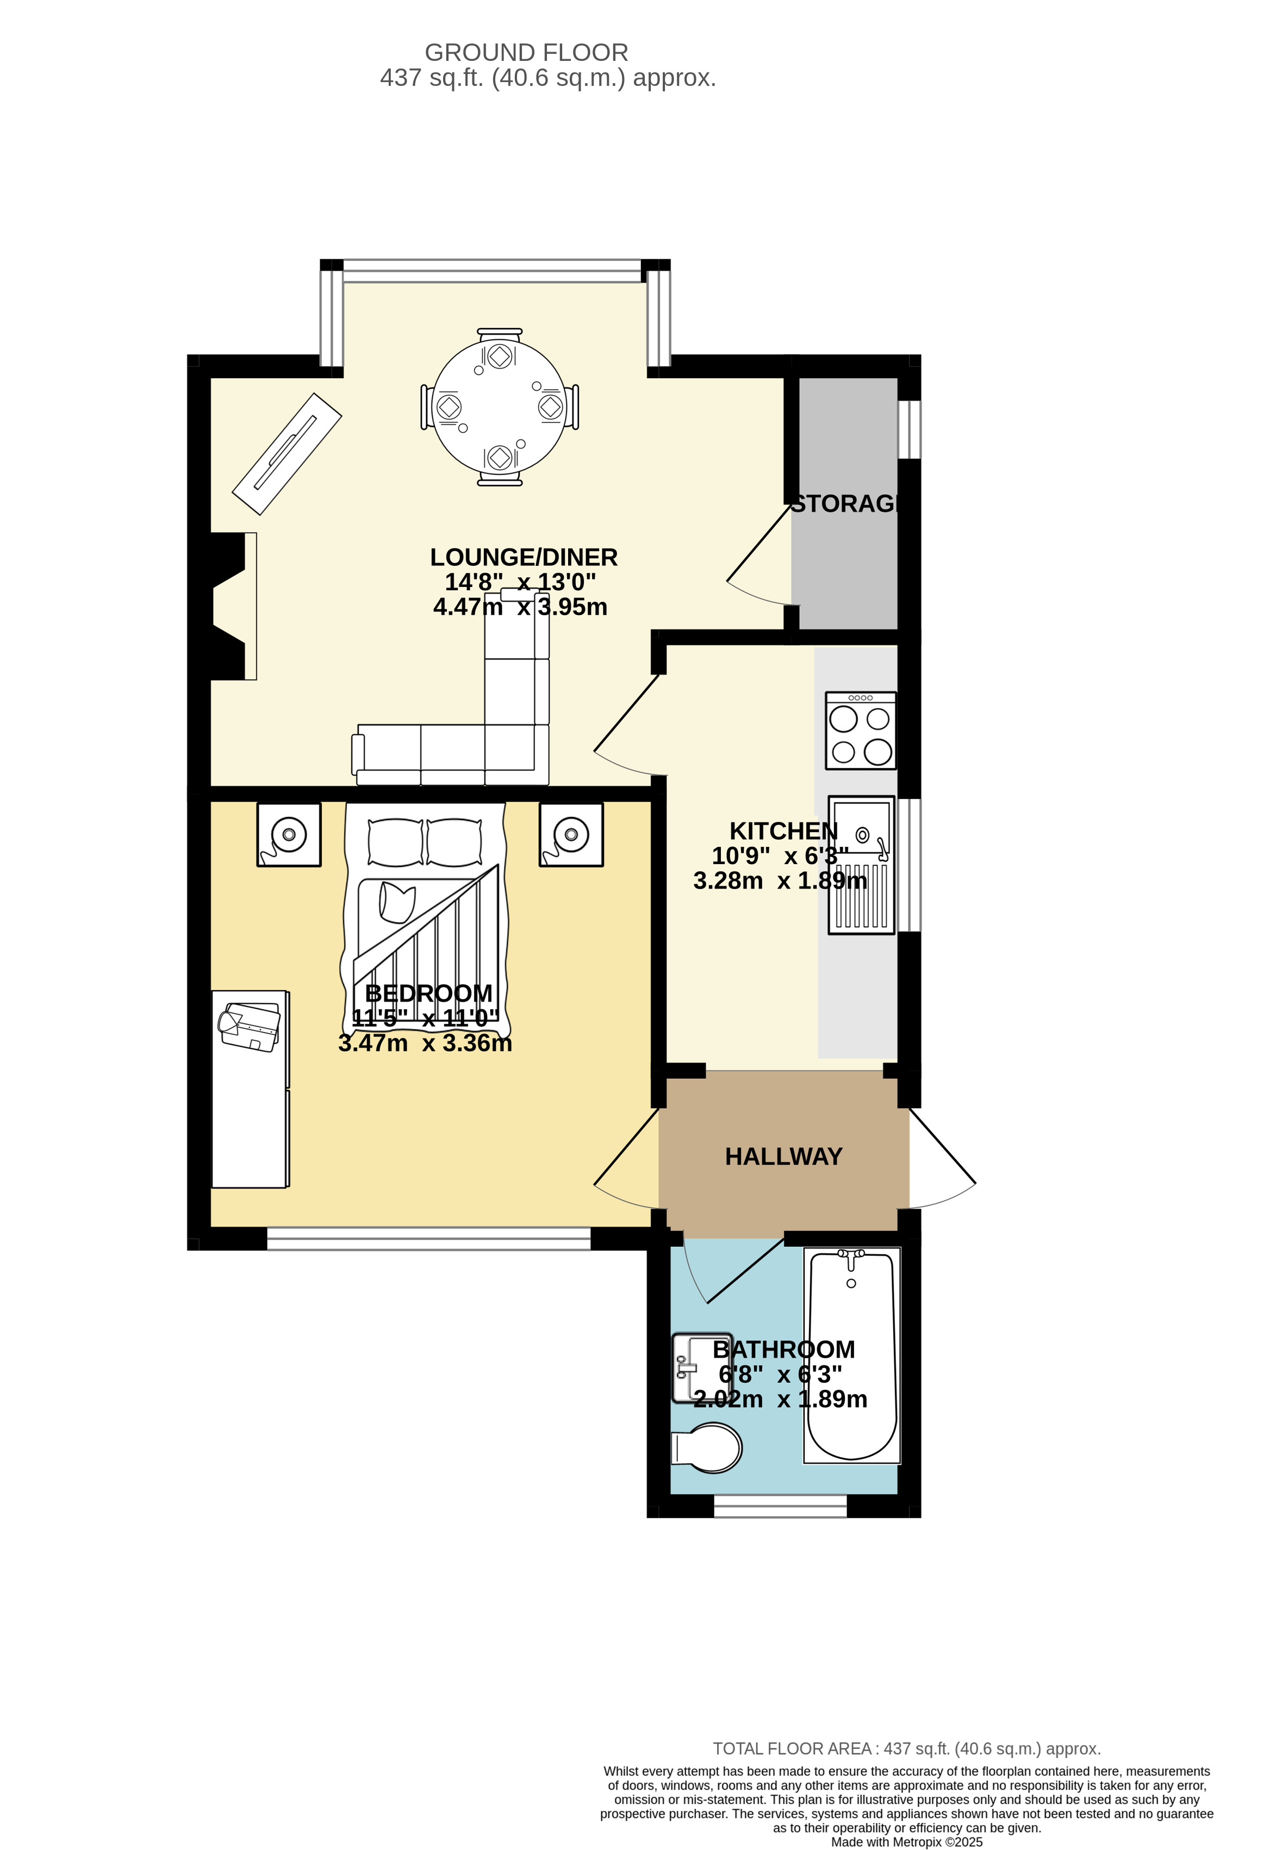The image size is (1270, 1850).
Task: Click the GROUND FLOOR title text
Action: click(x=526, y=53)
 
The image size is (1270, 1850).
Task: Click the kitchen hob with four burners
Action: click(x=861, y=731)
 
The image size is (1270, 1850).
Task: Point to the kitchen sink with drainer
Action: click(x=861, y=865)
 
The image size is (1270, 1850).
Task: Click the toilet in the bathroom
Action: click(x=708, y=1448)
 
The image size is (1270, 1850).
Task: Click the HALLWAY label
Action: click(x=783, y=1157)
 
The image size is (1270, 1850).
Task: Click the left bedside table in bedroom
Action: click(x=288, y=834)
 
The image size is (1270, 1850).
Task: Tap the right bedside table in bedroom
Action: click(x=571, y=834)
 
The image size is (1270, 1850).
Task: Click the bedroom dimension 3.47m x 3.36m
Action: click(x=425, y=1043)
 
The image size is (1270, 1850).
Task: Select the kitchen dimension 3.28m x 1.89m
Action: click(x=780, y=880)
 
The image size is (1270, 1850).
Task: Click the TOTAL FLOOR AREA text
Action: click(x=906, y=1749)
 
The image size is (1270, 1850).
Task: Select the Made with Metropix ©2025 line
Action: click(x=906, y=1842)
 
